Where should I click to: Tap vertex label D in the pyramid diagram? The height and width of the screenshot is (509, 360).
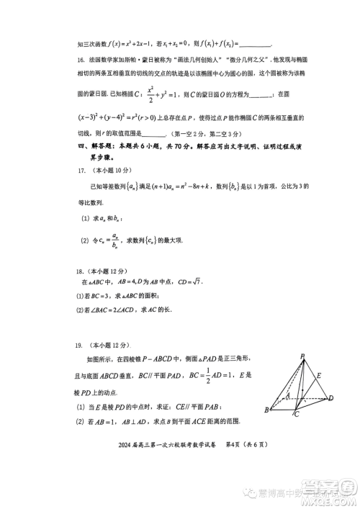pos(331,397)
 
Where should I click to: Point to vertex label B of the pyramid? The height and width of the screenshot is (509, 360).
pos(266,410)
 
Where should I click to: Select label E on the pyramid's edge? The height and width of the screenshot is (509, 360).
pos(320,376)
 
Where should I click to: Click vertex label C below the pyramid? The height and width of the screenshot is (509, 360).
pos(296,415)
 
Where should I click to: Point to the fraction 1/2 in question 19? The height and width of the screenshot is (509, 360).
pos(213,374)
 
